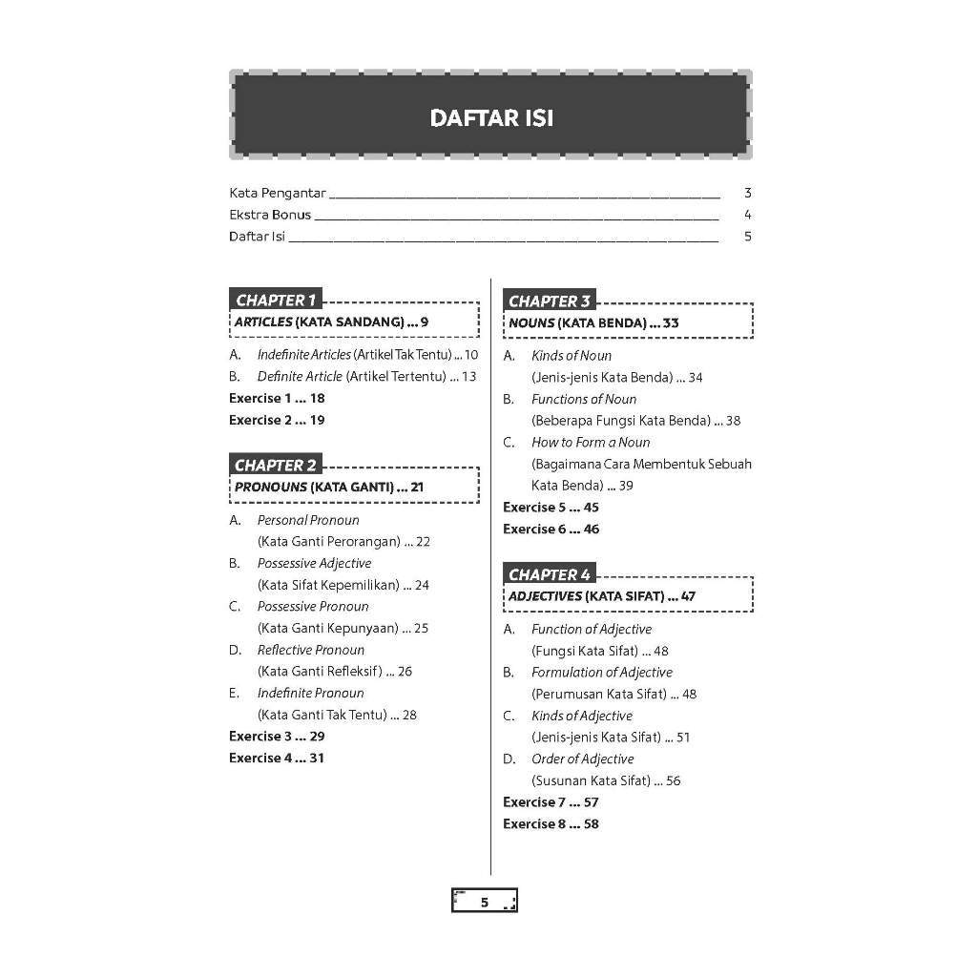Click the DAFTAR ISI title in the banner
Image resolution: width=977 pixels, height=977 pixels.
click(x=490, y=118)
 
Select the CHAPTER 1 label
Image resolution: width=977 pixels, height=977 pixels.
click(x=275, y=300)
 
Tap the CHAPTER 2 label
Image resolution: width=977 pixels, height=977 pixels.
click(x=275, y=466)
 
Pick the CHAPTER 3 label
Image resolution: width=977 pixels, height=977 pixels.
click(x=550, y=301)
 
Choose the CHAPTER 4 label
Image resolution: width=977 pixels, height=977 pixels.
click(x=550, y=574)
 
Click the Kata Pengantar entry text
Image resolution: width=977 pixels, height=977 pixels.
click(x=278, y=193)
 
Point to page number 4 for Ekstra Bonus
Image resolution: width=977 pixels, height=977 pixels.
click(x=748, y=215)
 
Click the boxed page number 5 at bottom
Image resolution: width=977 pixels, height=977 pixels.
click(x=484, y=902)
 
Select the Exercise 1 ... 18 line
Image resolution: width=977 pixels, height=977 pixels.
click(x=277, y=399)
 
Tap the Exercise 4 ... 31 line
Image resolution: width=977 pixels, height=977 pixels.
click(x=277, y=759)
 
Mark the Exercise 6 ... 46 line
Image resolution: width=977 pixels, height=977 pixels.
click(x=551, y=530)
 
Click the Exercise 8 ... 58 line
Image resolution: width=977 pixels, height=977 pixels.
click(x=551, y=824)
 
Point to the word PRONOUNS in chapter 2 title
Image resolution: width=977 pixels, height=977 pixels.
click(x=271, y=487)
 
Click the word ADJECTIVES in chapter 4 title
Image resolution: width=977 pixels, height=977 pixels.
click(x=545, y=596)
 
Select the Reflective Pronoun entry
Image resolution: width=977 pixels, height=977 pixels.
click(x=310, y=650)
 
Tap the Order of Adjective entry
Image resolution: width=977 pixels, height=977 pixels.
click(x=582, y=759)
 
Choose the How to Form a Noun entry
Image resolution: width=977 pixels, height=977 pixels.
click(x=591, y=443)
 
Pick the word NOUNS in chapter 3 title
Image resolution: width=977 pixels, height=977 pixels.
click(x=531, y=322)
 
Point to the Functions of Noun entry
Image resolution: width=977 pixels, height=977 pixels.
click(x=584, y=400)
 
